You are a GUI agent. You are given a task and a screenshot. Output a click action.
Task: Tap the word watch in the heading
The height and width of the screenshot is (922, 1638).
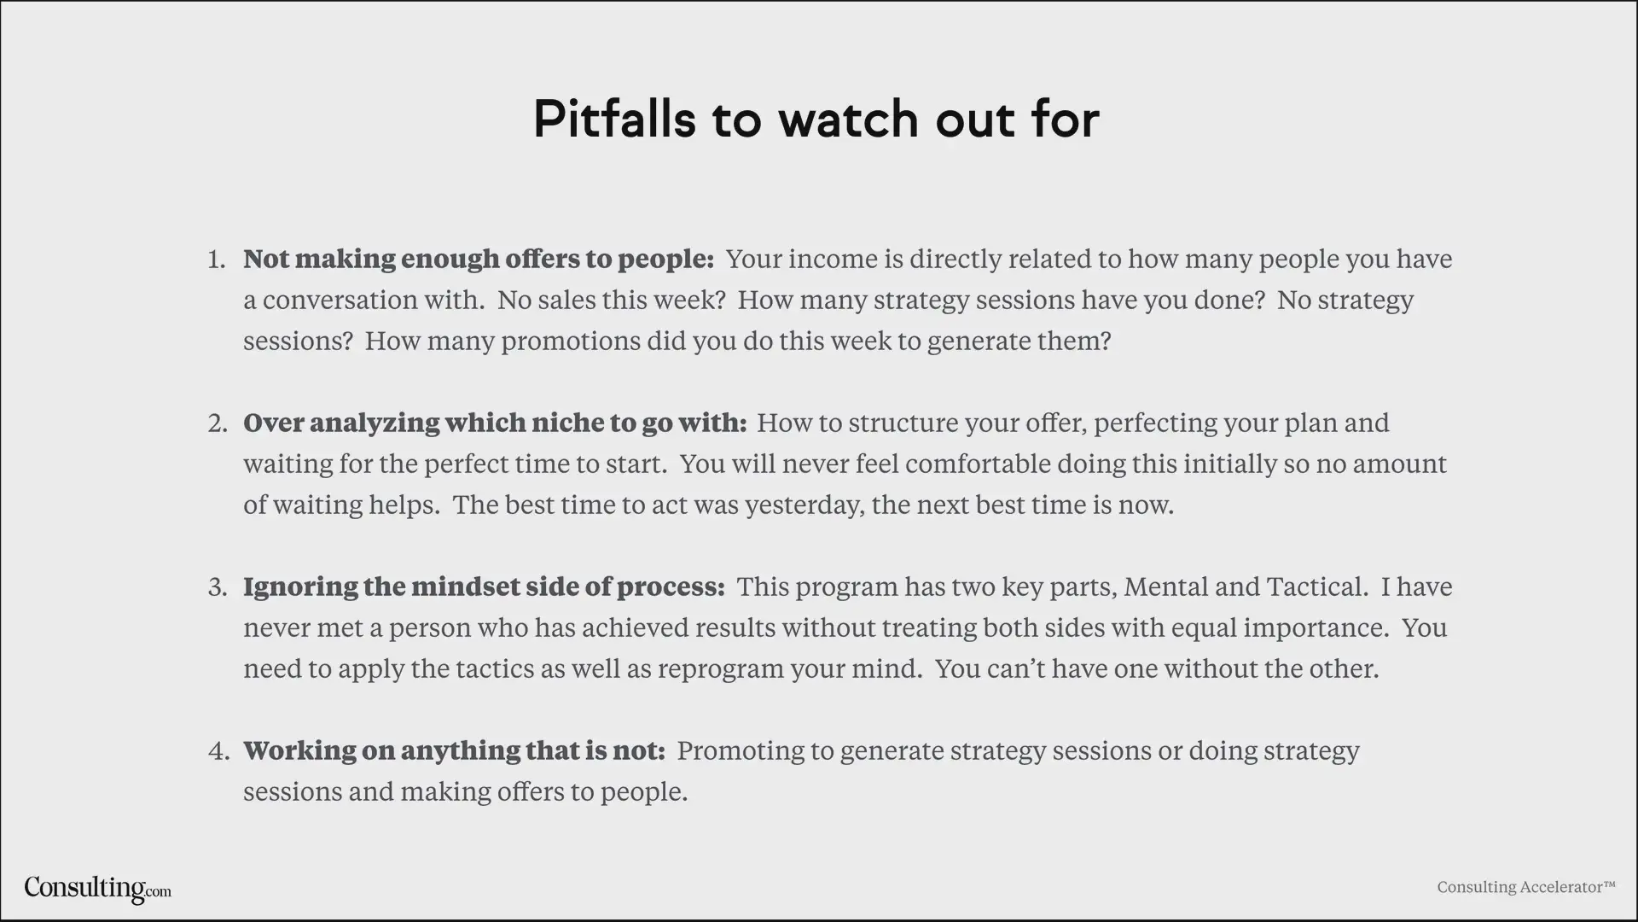[x=849, y=119]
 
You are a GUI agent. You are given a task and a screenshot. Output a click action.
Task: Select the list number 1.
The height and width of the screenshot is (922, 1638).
[x=217, y=259]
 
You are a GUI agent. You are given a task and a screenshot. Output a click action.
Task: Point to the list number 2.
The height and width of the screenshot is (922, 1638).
[x=218, y=423]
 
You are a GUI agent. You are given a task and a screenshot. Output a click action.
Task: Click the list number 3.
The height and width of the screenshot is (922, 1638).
[x=218, y=586]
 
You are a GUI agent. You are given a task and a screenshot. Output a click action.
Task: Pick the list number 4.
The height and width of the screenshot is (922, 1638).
[x=218, y=750]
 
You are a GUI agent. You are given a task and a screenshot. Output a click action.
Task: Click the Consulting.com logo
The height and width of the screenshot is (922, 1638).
[x=97, y=889]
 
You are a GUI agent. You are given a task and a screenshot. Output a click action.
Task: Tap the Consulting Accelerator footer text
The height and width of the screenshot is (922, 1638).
[x=1526, y=887]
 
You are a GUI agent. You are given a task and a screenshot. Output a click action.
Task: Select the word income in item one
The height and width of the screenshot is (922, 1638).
[x=828, y=259]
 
